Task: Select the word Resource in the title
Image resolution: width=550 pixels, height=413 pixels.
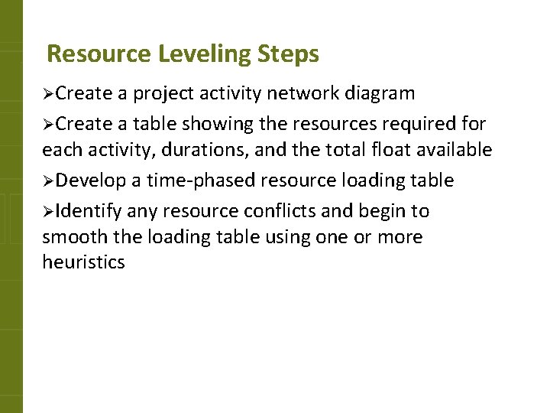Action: coord(99,54)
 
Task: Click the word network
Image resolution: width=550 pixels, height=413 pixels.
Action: coord(302,94)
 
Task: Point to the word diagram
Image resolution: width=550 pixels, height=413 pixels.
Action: coord(380,95)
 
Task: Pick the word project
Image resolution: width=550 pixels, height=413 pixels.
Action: coord(163,95)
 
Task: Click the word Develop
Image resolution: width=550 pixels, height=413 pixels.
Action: coord(91,181)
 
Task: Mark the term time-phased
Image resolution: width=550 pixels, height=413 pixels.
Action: coord(194,181)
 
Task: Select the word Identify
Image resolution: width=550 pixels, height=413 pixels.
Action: coord(89,210)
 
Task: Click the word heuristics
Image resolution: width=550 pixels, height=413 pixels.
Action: coord(83,262)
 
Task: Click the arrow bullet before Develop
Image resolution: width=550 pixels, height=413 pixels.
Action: coord(48,181)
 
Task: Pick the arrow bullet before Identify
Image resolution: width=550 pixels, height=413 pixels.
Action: coord(48,210)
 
